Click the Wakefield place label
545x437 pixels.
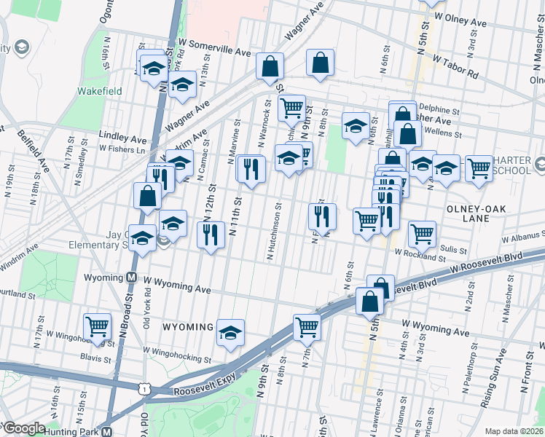100,92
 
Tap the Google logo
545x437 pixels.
24,428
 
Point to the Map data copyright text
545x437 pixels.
514,431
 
